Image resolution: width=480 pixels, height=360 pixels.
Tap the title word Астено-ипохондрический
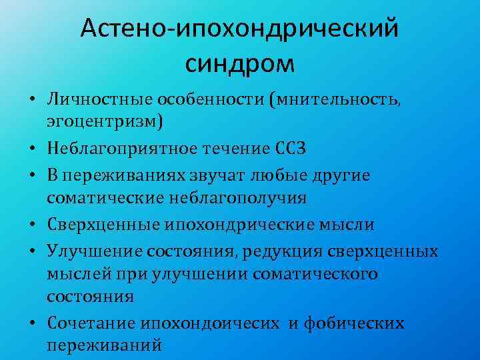point(239,28)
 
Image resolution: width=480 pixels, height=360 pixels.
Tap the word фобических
point(354,323)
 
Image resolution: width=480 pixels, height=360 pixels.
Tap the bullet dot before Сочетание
point(32,324)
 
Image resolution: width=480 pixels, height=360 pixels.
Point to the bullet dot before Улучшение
point(32,252)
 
